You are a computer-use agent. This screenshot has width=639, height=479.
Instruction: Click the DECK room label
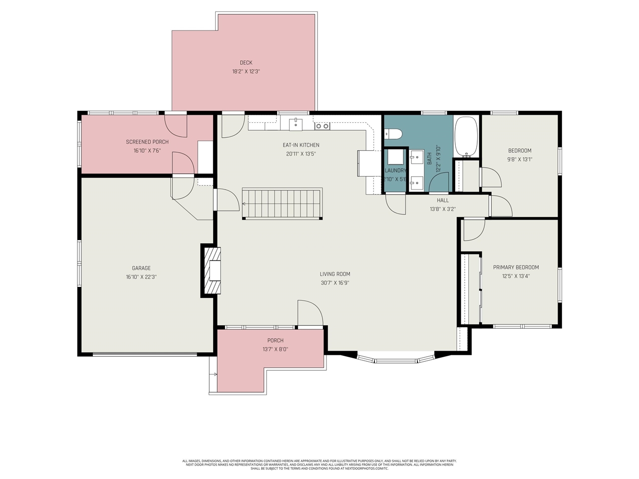pyautogui.click(x=246, y=63)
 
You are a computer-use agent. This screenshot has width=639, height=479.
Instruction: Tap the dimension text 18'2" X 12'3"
pyautogui.click(x=246, y=72)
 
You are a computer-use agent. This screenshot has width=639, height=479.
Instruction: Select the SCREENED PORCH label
pyautogui.click(x=147, y=142)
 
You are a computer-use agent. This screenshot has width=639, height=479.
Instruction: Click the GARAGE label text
pyautogui.click(x=141, y=268)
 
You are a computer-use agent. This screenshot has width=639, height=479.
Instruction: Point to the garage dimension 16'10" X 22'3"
pyautogui.click(x=141, y=277)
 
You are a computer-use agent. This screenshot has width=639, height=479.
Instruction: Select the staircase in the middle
pyautogui.click(x=282, y=204)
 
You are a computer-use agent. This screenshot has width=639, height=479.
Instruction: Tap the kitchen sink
pyautogui.click(x=296, y=124)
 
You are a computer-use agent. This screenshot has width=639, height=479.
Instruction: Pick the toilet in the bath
pyautogui.click(x=393, y=134)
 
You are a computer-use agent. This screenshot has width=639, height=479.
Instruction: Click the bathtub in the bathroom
pyautogui.click(x=466, y=136)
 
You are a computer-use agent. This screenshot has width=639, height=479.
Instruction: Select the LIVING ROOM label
pyautogui.click(x=335, y=274)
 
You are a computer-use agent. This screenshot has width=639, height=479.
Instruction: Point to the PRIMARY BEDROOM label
pyautogui.click(x=516, y=267)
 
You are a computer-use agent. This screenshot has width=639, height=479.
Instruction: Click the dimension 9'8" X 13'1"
pyautogui.click(x=520, y=160)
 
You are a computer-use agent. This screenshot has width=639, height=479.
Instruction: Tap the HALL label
pyautogui.click(x=443, y=201)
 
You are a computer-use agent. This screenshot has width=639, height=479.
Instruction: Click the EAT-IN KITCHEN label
pyautogui.click(x=301, y=145)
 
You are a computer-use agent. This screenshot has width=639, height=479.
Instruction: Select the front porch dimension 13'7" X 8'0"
pyautogui.click(x=275, y=350)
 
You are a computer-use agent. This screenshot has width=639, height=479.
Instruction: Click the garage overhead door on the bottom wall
pyautogui.click(x=145, y=355)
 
